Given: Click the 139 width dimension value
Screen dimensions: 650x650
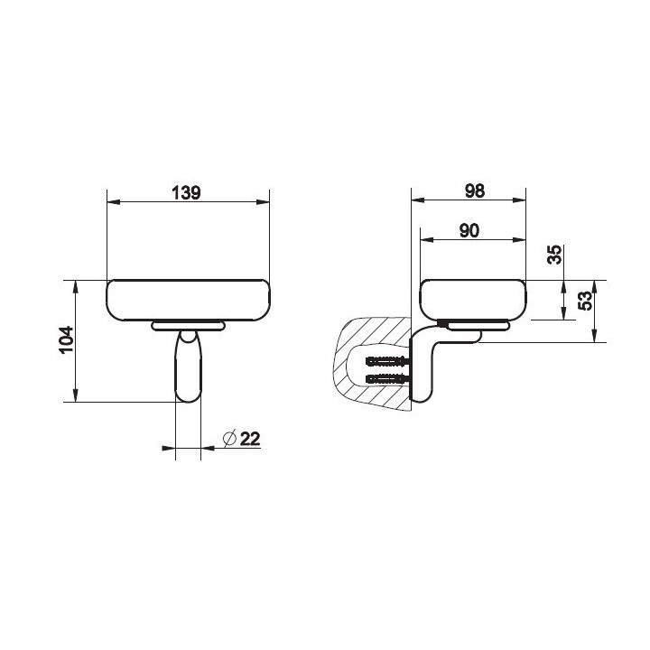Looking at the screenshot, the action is click(x=186, y=193).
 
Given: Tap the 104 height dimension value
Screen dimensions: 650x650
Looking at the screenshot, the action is click(x=66, y=339).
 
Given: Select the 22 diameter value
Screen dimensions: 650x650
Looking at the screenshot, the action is click(x=250, y=438).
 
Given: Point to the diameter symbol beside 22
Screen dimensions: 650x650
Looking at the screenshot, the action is click(x=229, y=438).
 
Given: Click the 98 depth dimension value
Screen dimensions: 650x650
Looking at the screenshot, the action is click(x=474, y=191).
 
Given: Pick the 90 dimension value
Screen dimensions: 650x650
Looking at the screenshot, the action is click(x=469, y=231).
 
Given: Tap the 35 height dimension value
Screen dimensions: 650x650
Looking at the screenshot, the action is click(x=554, y=255).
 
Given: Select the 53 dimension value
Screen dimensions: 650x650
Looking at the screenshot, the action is click(x=585, y=301).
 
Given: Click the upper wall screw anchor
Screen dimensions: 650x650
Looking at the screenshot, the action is click(x=388, y=361).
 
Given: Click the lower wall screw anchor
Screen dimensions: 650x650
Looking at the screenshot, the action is click(x=388, y=378).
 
